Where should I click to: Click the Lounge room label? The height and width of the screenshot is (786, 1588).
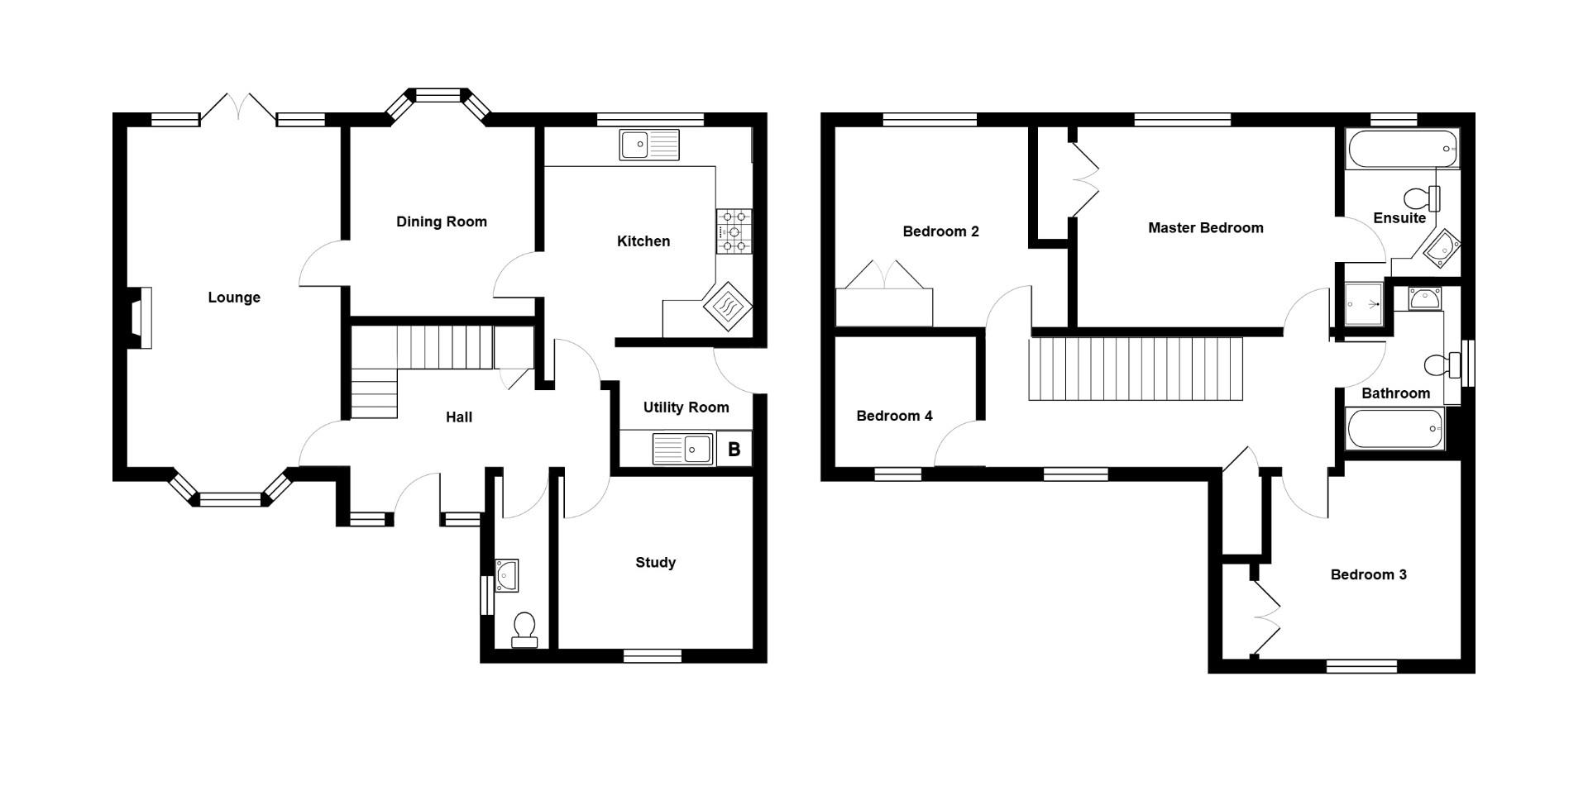click(x=234, y=298)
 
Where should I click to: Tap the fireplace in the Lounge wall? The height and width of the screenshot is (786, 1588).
click(x=140, y=317)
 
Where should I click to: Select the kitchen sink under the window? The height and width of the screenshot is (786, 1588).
click(x=648, y=145)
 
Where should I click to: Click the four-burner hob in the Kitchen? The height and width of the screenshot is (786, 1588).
click(x=734, y=231)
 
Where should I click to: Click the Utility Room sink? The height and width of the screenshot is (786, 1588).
click(x=683, y=450)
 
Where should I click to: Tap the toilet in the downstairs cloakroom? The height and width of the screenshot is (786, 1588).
click(x=524, y=630)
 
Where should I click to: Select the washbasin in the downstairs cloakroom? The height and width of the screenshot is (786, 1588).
click(x=506, y=575)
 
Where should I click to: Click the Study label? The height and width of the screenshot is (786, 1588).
click(x=655, y=563)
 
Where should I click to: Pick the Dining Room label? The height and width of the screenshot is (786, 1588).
click(x=441, y=222)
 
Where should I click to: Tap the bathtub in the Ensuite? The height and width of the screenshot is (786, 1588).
click(x=1402, y=150)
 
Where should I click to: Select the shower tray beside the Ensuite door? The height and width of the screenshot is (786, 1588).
click(x=1362, y=304)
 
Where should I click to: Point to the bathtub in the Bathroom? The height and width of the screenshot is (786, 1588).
click(x=1395, y=429)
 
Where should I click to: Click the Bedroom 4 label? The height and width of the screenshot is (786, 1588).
click(x=894, y=416)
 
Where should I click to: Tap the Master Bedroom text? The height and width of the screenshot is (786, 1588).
click(x=1205, y=228)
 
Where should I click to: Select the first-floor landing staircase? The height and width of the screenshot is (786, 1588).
click(x=1136, y=369)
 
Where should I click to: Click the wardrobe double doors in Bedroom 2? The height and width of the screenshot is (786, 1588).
click(x=884, y=275)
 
